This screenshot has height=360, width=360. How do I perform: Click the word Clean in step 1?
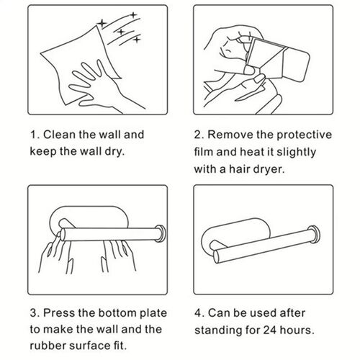[59, 135]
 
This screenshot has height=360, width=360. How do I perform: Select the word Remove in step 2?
[230, 135]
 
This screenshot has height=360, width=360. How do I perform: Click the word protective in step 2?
[304, 135]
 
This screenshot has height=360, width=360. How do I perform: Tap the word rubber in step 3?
[48, 346]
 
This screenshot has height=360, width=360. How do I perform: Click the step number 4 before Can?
[198, 313]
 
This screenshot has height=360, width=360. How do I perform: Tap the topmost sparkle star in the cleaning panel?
[133, 15]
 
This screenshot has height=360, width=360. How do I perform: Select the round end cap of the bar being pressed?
[161, 233]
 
